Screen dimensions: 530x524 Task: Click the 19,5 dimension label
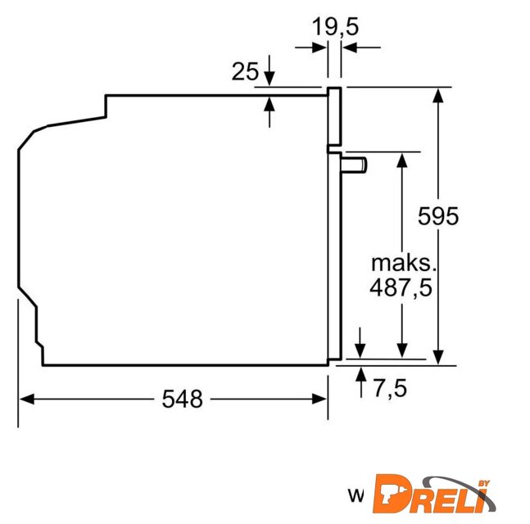[335, 27]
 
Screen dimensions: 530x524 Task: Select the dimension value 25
[245, 71]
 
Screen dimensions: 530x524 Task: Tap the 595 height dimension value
[438, 216]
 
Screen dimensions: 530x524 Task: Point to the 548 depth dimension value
[182, 399]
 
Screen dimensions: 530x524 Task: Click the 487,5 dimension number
[401, 287]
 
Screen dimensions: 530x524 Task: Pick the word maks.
[404, 263]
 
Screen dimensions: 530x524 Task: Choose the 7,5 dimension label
[390, 388]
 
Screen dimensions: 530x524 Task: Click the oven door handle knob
[354, 165]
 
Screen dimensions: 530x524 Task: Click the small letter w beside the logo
[356, 496]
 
